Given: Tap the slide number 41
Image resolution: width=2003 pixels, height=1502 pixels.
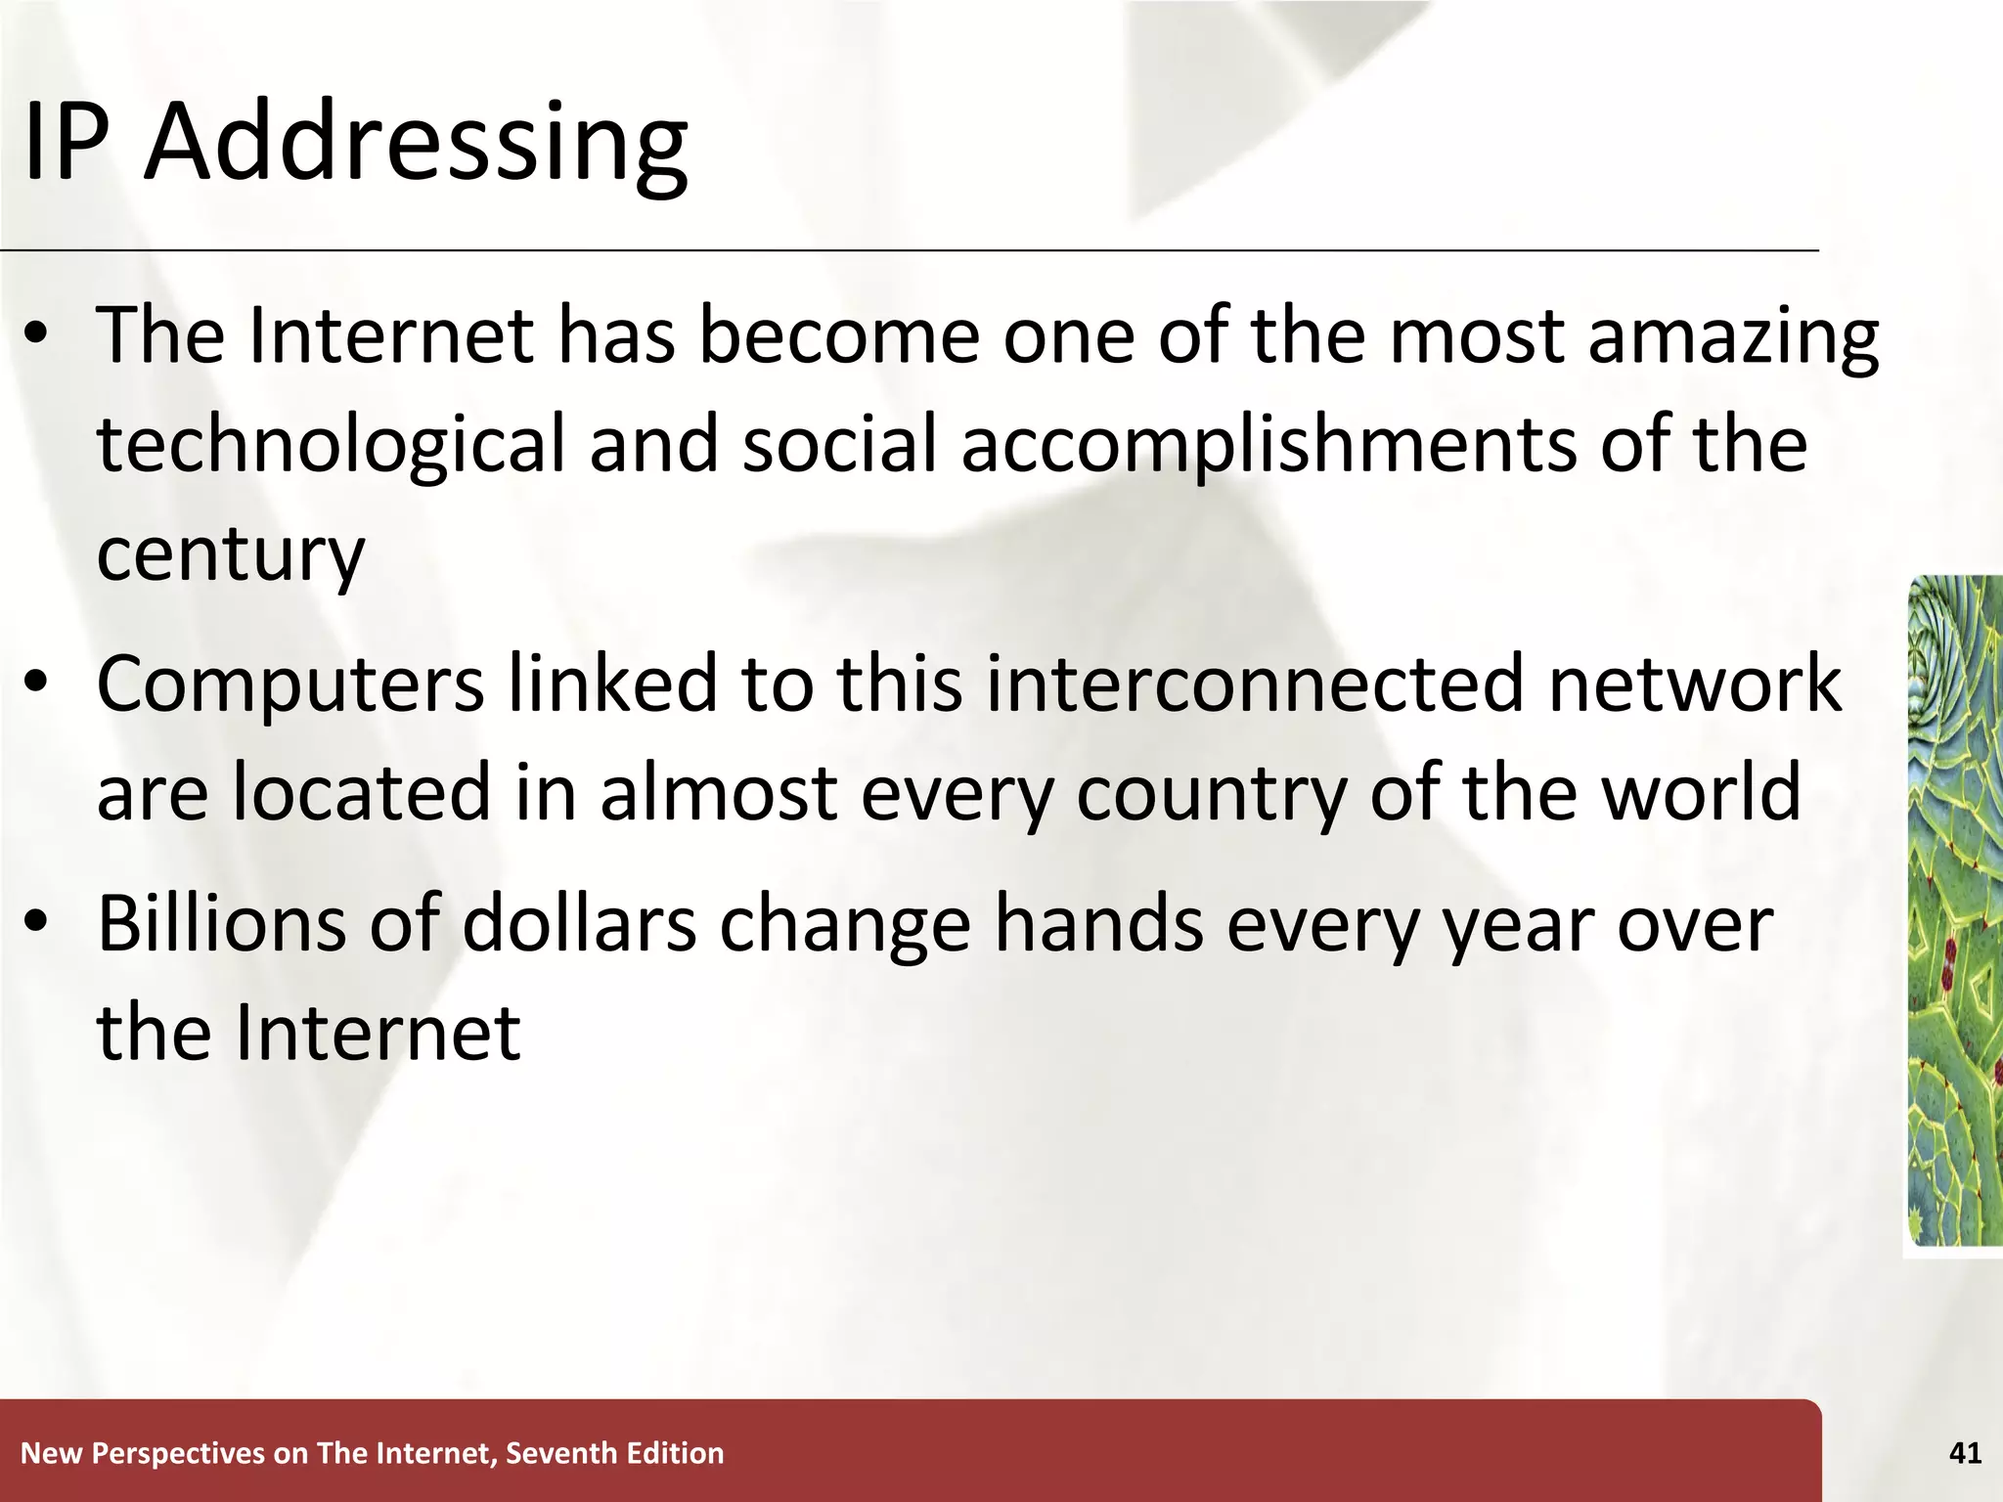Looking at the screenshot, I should click(1965, 1453).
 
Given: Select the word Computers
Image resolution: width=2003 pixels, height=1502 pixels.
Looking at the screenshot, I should click(290, 685).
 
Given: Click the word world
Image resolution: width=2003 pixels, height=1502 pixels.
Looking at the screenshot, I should click(1701, 792).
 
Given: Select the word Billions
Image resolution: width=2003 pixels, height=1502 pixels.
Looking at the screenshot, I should click(221, 924).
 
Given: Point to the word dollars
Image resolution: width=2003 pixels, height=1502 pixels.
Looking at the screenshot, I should click(579, 924).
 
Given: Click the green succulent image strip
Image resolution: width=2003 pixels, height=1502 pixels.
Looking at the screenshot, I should click(1955, 909).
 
